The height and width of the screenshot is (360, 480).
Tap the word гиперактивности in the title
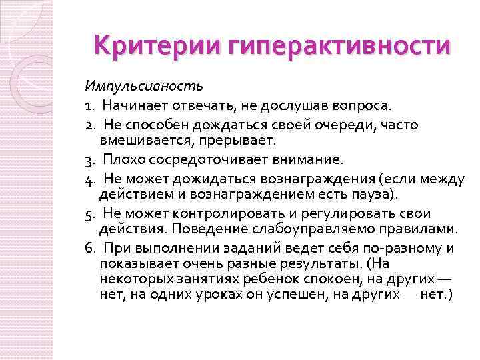[x=339, y=47]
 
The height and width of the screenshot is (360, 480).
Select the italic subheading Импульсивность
[x=143, y=86]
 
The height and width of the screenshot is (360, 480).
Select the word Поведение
[x=200, y=230]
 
